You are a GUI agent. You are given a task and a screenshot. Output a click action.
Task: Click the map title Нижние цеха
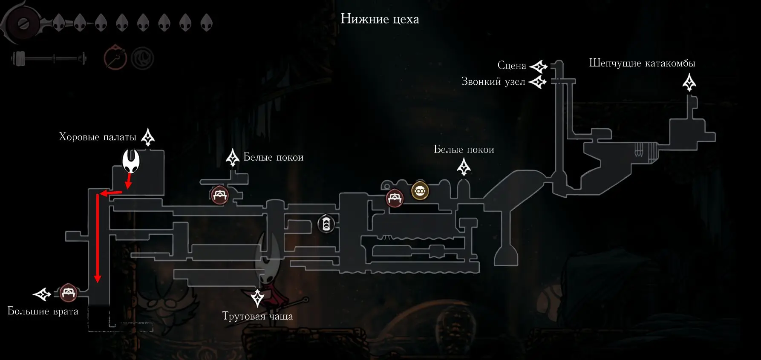(x=380, y=19)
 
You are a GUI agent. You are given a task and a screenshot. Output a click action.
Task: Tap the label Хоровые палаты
(x=98, y=137)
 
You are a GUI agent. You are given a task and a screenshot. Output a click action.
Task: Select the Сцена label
(x=512, y=66)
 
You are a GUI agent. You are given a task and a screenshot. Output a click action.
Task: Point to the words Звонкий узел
(x=493, y=81)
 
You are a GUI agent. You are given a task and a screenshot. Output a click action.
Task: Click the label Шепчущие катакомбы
(x=642, y=63)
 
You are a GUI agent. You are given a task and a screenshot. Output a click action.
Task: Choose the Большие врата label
(x=43, y=311)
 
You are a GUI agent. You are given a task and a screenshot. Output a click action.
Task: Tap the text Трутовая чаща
(x=257, y=316)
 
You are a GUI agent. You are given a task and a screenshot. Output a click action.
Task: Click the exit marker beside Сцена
(x=538, y=66)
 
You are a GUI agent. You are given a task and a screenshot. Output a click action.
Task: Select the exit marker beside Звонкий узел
(x=538, y=81)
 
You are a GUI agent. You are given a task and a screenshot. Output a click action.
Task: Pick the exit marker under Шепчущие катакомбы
(x=689, y=82)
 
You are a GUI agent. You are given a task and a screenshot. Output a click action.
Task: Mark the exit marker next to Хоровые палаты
(x=148, y=137)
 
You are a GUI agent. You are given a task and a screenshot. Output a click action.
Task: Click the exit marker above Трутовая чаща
(x=257, y=298)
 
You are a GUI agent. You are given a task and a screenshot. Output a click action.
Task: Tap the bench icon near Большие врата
(x=68, y=293)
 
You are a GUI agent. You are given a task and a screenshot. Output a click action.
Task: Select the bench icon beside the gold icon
(x=395, y=198)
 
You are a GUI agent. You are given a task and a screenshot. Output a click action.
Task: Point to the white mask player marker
(x=131, y=161)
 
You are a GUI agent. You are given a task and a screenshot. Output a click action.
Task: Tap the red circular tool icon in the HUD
(x=115, y=58)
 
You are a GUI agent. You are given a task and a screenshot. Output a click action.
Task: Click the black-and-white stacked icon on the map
(x=326, y=224)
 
